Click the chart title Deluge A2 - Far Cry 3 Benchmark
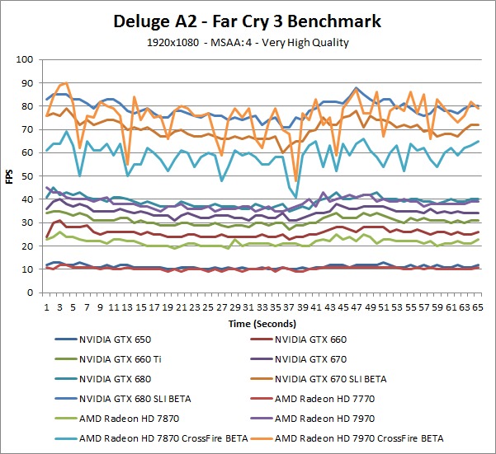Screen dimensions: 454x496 click(248, 19)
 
